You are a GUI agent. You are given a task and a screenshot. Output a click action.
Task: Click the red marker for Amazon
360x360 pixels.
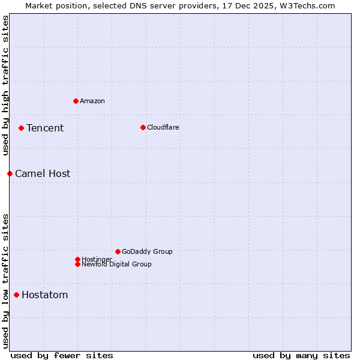pos(76,101)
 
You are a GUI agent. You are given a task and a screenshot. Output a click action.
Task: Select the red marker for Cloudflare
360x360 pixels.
pos(143,127)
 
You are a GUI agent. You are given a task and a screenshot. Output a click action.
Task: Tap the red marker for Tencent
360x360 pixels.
pos(21,128)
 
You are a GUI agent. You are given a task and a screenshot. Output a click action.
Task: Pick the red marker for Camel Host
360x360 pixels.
pos(10,173)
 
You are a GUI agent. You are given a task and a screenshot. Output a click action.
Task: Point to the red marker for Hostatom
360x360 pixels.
pos(16,295)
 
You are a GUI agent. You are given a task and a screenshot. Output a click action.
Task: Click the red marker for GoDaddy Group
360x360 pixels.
pos(118,251)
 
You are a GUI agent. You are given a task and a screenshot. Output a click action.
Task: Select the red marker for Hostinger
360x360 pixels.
pos(77,259)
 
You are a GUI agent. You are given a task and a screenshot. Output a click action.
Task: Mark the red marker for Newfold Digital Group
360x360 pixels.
pos(77,264)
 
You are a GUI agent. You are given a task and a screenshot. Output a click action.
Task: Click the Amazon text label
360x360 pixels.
pos(92,101)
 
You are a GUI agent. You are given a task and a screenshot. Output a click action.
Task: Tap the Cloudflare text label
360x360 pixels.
pos(163,127)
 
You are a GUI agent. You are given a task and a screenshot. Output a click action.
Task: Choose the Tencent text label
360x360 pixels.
pos(45,128)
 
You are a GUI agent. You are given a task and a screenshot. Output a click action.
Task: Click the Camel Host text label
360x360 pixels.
pos(43,173)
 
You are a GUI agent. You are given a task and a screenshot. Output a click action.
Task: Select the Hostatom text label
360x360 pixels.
pos(45,295)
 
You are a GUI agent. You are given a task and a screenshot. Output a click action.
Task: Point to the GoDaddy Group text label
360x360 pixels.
pos(147,251)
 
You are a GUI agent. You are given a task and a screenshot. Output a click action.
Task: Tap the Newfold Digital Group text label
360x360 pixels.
pos(117,265)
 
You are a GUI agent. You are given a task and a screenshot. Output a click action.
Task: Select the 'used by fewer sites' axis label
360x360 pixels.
pos(62,355)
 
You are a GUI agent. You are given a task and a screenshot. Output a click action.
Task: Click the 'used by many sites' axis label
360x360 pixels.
pos(301,355)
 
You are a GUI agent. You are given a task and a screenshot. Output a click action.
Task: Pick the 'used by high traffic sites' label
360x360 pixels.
pos(5,85)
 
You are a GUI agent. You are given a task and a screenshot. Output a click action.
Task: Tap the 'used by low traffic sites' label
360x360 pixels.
pos(5,280)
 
